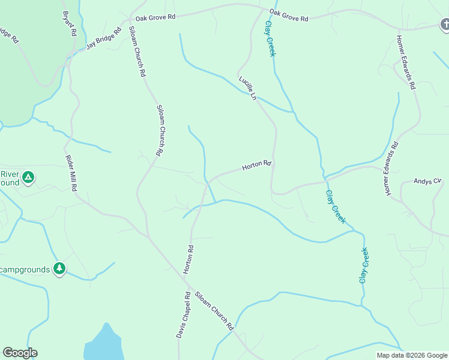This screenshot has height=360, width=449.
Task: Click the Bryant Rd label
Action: point(70,24)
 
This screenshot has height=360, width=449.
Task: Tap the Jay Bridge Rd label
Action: point(104,37)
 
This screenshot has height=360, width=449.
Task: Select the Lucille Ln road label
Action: point(247,88)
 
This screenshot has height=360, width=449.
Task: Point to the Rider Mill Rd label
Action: point(71,173)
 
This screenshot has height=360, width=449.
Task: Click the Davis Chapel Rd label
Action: point(184,316)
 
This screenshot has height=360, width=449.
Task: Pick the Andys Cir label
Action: point(428,181)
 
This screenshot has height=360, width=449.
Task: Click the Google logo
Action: point(20,353)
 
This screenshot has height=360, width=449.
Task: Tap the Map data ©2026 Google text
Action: point(412,355)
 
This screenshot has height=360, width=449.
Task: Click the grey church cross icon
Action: point(445,25)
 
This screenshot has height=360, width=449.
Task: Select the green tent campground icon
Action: point(28,178)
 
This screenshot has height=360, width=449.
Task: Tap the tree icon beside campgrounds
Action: point(59,269)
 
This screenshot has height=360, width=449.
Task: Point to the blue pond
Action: point(104,346)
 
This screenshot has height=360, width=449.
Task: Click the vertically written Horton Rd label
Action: point(189,260)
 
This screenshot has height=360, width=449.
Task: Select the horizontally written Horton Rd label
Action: point(258,165)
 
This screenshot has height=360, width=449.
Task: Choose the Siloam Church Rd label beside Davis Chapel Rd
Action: point(213,311)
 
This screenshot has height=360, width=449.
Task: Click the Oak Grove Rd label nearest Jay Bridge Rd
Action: point(155,18)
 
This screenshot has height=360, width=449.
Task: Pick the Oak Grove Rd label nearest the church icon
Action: point(288,16)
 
